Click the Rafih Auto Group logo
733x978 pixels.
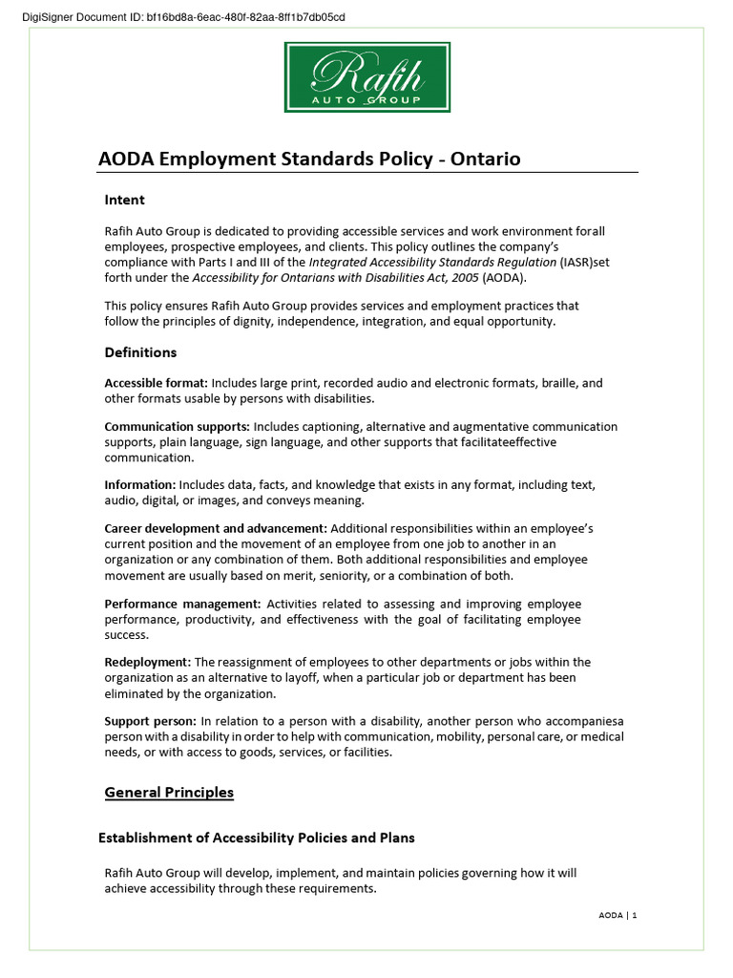point(366,76)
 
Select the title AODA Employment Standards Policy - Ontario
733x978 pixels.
point(309,159)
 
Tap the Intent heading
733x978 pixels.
point(124,200)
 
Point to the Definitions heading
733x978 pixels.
point(140,352)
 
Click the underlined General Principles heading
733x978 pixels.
point(168,792)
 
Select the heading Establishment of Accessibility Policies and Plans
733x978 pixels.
point(257,838)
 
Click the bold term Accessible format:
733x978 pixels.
point(156,383)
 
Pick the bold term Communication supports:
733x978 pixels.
point(178,426)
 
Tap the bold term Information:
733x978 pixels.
point(139,485)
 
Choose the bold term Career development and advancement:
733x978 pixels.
point(215,528)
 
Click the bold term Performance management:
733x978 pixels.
point(182,604)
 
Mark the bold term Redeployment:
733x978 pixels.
point(147,662)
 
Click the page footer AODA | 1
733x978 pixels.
point(617,915)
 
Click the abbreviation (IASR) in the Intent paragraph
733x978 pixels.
point(574,263)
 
